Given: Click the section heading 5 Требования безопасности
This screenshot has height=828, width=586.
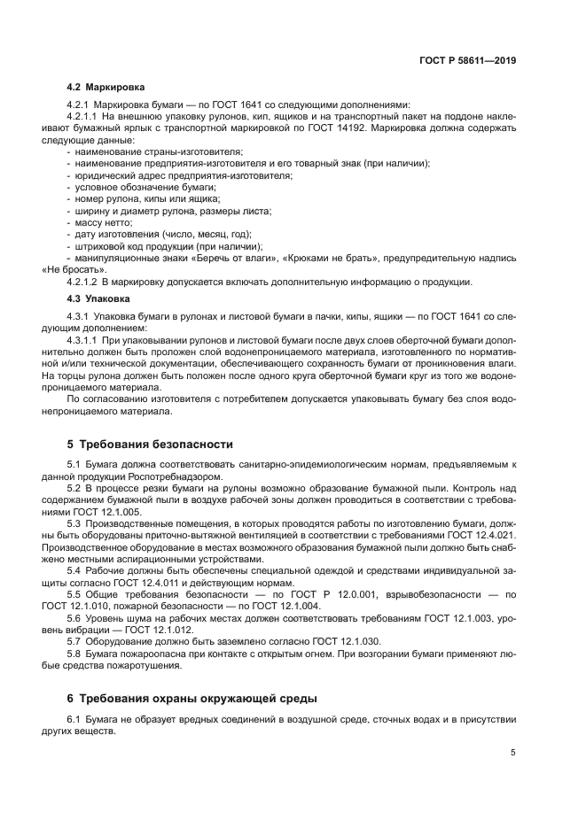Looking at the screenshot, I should pos(150,444).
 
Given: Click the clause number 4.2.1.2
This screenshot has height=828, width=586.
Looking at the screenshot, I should pos(82,282).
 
